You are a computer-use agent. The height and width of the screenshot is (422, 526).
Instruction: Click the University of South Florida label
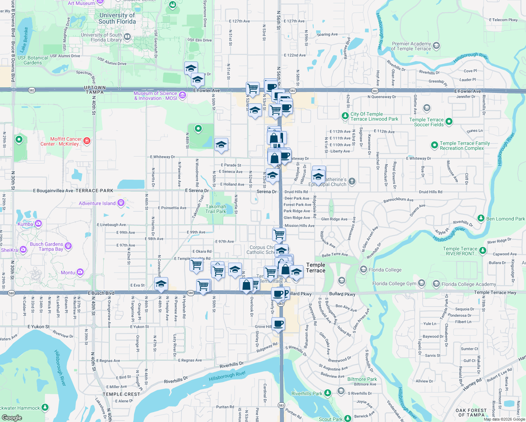pos(117,18)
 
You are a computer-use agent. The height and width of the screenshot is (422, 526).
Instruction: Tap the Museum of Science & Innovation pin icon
pos(182,95)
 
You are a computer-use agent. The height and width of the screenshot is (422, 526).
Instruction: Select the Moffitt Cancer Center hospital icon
pos(86,141)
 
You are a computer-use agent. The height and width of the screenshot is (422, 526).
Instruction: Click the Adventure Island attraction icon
pos(121,203)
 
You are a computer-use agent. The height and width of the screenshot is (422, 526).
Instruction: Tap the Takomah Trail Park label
pos(216,209)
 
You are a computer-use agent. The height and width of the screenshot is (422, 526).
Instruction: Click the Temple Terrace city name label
pos(315,268)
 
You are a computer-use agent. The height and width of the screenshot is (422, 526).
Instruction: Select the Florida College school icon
pos(363,270)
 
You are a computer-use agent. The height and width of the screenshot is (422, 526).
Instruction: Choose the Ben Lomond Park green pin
pos(481,219)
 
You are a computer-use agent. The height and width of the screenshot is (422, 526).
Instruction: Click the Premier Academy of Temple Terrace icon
pos(436,46)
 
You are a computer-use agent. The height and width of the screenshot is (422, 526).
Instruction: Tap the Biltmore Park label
pos(362,379)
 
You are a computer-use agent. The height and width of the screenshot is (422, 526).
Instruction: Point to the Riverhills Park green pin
pos(328,393)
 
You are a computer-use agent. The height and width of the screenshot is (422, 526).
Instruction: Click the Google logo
pos(12,418)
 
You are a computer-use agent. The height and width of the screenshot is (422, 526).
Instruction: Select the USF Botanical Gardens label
pos(33,60)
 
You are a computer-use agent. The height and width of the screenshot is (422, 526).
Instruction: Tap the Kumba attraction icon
pos(38,224)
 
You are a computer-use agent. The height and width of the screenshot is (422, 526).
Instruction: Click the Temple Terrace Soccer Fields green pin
pos(449,122)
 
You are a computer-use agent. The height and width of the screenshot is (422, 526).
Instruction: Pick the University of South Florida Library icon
pos(127,37)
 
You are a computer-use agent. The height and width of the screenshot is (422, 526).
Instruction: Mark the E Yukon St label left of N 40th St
pos(39,327)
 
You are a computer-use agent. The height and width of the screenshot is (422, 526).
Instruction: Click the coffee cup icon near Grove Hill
pos(278,324)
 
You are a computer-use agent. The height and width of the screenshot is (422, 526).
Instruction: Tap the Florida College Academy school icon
pos(436,284)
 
